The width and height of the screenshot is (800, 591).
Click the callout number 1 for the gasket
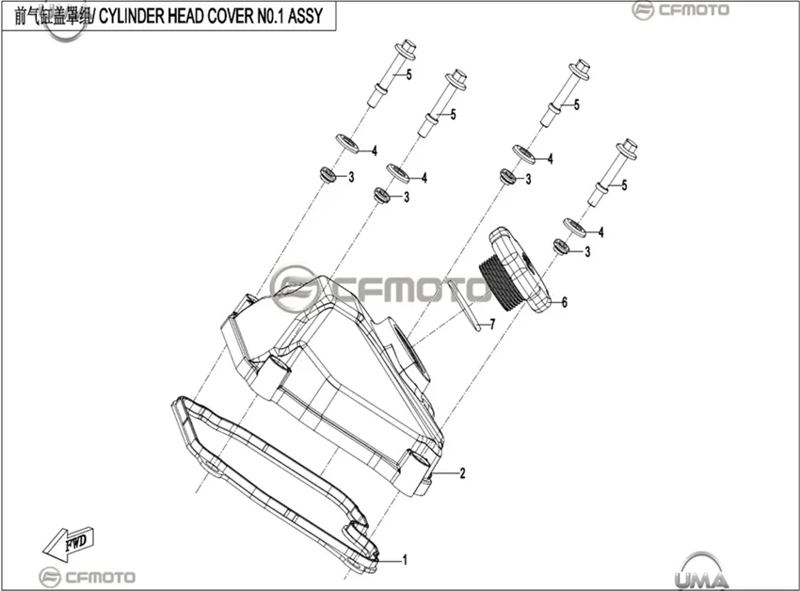click(405, 560)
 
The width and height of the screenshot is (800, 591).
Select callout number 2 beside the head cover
click(462, 473)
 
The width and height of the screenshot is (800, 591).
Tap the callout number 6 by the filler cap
click(565, 302)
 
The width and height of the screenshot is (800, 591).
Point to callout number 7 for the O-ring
click(492, 324)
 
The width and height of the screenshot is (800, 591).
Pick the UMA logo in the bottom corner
click(702, 571)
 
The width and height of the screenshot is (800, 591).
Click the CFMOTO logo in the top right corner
click(680, 10)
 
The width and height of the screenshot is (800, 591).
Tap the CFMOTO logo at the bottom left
click(88, 577)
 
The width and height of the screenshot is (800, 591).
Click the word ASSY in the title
click(305, 16)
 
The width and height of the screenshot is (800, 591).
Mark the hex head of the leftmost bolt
click(408, 48)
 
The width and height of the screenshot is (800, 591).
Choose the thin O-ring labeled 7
click(464, 306)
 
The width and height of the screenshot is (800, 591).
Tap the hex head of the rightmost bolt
click(627, 148)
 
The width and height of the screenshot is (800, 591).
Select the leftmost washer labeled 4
click(347, 143)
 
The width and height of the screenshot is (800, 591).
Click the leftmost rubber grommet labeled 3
click(326, 174)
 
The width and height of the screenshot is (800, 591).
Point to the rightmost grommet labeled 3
click(562, 247)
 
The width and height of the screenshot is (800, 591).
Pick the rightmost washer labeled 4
click(574, 227)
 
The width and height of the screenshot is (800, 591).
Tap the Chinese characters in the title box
click(53, 16)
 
